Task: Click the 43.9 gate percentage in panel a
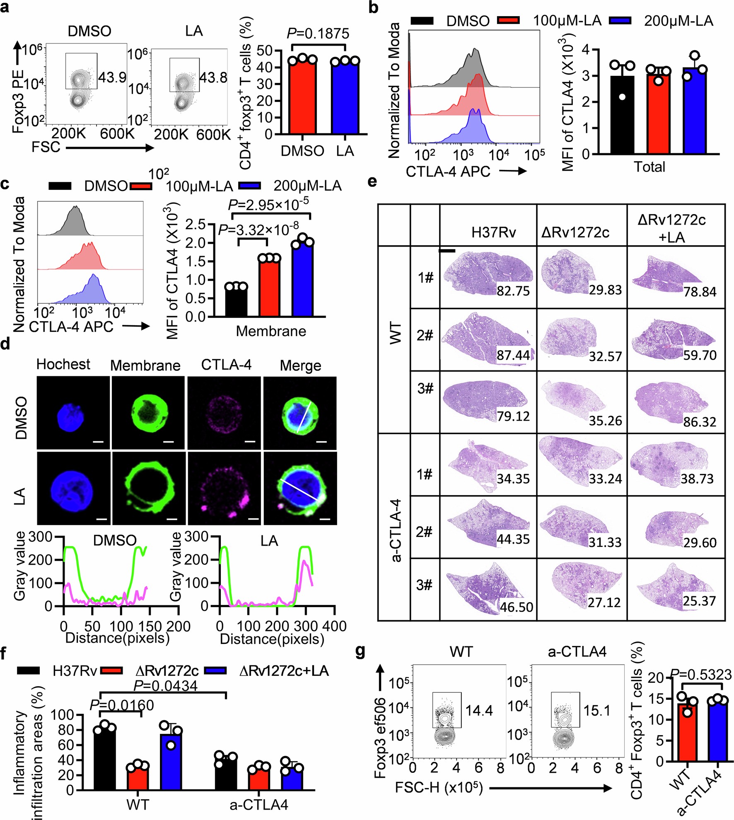[112, 77]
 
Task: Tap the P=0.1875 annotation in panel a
[318, 34]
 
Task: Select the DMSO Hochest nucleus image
[73, 413]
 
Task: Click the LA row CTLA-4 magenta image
[224, 488]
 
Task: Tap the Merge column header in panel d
[300, 365]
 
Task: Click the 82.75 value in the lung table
[513, 290]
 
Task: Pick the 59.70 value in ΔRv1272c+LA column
[700, 355]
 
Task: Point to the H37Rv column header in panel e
[493, 232]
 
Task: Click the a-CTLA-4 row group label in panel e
[396, 530]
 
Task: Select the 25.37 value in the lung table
[699, 601]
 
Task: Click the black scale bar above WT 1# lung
[447, 250]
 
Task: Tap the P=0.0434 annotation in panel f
[165, 686]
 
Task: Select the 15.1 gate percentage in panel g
[596, 711]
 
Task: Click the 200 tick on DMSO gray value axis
[44, 560]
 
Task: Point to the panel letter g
[360, 652]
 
